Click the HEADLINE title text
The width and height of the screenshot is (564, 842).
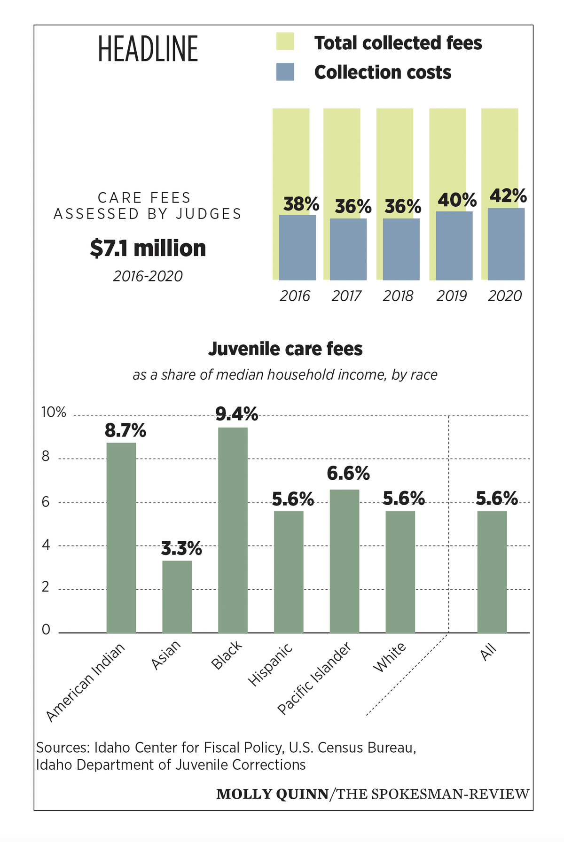[148, 49]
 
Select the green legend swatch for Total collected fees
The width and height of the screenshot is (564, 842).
[285, 41]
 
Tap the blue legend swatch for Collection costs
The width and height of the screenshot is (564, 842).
[285, 72]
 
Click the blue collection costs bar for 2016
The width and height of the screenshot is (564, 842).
[298, 247]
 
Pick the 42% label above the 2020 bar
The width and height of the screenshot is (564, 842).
[508, 195]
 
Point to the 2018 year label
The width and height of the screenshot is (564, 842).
[398, 296]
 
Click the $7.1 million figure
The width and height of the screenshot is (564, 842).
[148, 248]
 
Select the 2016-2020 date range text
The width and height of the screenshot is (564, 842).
[148, 276]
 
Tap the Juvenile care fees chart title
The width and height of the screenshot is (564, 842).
[285, 349]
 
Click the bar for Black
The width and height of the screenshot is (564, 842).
[233, 530]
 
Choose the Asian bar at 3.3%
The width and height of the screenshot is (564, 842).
[177, 597]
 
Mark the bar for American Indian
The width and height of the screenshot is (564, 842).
[121, 538]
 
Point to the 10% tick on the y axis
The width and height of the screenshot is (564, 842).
[54, 413]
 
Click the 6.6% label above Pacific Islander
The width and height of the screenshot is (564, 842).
[348, 474]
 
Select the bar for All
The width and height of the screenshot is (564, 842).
[492, 572]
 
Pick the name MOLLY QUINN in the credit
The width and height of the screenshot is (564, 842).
[272, 794]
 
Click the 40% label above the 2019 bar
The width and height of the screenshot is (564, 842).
[457, 200]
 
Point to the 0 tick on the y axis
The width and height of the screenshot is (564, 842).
[46, 630]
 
